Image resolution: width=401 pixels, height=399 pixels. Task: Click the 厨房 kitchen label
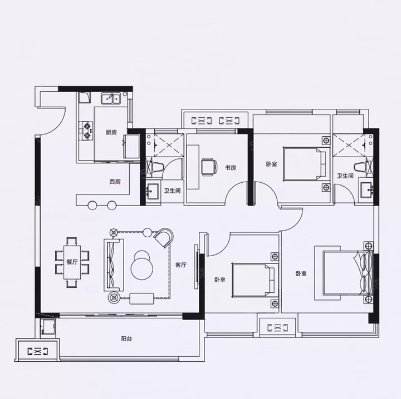[111, 132]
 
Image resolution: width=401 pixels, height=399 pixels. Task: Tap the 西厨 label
[115, 182]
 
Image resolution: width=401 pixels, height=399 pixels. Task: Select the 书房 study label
[231, 168]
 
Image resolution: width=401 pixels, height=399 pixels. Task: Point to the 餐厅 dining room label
[72, 262]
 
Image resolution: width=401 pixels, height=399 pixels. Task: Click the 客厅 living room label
[181, 265]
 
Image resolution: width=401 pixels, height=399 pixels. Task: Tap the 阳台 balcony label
[126, 339]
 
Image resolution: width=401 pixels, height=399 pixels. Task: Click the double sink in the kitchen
[111, 98]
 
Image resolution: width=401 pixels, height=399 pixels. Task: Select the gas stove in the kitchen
[86, 131]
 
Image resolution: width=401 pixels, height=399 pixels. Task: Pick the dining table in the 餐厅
[72, 262]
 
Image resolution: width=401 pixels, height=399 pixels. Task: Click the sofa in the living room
[114, 265]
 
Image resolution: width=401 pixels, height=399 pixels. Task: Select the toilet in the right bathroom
[363, 167]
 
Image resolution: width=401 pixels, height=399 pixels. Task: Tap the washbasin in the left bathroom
[153, 189]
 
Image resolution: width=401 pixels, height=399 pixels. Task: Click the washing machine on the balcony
[47, 327]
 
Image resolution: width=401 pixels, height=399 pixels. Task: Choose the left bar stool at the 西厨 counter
[92, 205]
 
